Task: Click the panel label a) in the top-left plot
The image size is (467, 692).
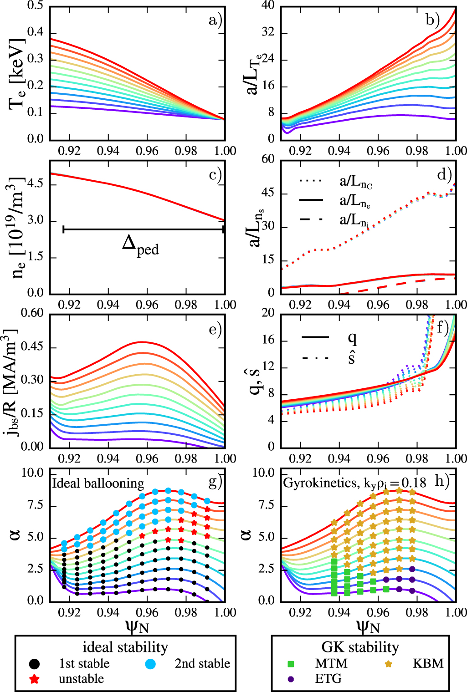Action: click(x=215, y=20)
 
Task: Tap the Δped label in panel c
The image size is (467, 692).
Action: click(x=140, y=246)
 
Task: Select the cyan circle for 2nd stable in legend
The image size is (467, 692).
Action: click(x=150, y=664)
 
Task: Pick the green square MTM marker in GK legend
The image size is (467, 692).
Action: click(x=291, y=664)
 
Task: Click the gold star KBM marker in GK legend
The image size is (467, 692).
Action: click(x=388, y=664)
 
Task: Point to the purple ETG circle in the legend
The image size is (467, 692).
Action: click(x=291, y=679)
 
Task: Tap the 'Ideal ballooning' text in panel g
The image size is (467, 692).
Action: click(x=98, y=483)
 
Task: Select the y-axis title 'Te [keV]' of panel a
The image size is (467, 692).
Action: click(x=17, y=75)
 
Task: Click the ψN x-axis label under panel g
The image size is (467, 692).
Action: click(x=137, y=627)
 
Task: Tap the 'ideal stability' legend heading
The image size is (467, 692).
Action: click(x=125, y=647)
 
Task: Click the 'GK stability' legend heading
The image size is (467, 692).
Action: click(x=360, y=647)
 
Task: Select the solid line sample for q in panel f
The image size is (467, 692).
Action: click(x=315, y=337)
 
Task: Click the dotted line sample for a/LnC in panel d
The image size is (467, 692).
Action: click(x=311, y=181)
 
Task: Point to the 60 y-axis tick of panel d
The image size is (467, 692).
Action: click(x=268, y=159)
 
